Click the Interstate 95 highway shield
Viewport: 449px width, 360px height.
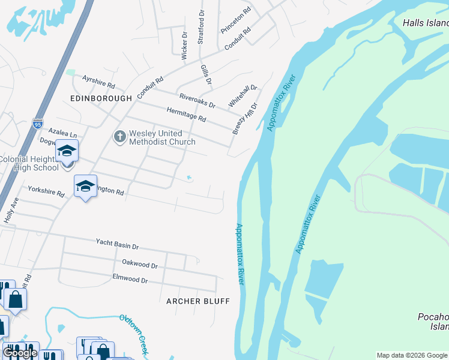click(37, 124)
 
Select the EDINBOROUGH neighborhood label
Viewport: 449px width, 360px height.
click(100, 98)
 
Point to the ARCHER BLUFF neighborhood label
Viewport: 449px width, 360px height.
click(198, 301)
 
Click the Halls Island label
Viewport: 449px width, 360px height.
click(426, 22)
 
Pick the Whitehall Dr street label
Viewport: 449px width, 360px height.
click(243, 96)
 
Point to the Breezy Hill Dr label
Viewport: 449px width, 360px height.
click(245, 118)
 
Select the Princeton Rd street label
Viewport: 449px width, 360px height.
click(235, 21)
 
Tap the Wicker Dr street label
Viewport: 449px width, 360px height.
click(184, 46)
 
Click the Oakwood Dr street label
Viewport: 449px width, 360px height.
click(140, 265)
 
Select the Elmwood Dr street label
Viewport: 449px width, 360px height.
click(130, 279)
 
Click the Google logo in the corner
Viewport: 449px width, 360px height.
click(20, 353)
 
